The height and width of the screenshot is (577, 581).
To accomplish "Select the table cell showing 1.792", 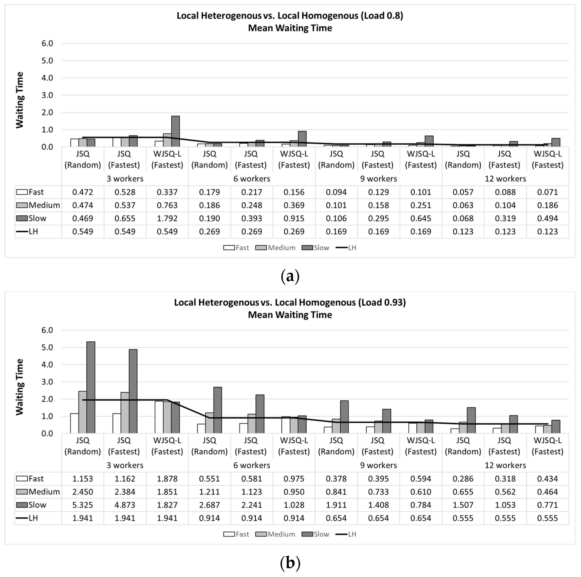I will (167, 219).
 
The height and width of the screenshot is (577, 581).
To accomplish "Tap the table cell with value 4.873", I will (125, 505).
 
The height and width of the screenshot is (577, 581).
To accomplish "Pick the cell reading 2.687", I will (209, 505).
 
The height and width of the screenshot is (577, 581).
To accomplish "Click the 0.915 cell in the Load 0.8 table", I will (294, 219).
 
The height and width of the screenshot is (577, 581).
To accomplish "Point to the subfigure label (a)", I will (290, 276).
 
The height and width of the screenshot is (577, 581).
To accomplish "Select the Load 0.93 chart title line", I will (290, 302).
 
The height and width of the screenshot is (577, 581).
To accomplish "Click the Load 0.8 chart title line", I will (290, 16).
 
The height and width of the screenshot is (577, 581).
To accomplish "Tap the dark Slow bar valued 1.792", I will (175, 131).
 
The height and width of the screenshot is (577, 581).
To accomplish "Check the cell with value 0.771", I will (547, 505).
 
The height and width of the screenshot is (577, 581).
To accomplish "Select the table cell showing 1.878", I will (167, 479).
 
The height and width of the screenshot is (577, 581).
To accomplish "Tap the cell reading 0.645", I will (421, 219).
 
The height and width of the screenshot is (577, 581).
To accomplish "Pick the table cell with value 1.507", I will (463, 505).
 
